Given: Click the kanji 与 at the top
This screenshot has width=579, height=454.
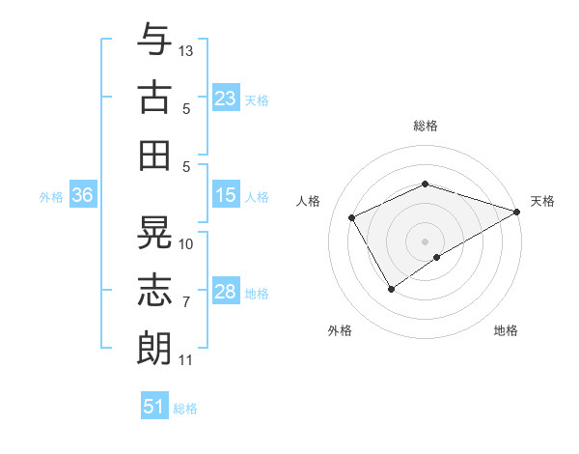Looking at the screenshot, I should point(154,42).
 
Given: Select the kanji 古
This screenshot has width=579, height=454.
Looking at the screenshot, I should point(154,98).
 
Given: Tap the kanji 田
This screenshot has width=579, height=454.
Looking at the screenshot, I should point(154,155).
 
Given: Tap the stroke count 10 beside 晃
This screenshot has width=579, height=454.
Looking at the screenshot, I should point(186,243).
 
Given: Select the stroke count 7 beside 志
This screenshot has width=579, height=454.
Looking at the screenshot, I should point(186,302).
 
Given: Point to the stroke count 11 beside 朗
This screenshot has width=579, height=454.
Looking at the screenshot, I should point(186,360).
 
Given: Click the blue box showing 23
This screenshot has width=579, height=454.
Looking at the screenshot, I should point(226,99).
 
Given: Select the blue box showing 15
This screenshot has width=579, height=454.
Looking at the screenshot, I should point(226,195).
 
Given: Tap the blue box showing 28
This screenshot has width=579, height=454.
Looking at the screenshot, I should point(226,292).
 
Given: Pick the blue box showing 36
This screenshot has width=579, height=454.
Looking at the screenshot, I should point(83,195).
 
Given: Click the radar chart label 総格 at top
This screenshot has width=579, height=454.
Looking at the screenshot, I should point(425,127).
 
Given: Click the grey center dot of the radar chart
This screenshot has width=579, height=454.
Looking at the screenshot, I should point(425,240).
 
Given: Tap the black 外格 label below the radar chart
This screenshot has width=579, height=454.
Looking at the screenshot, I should point(340,331).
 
